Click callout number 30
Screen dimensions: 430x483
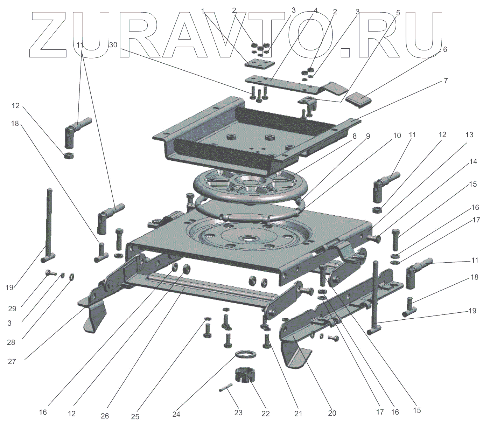(x=113, y=45)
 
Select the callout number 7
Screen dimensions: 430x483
(x=446, y=81)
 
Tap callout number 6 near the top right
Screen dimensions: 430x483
(x=445, y=50)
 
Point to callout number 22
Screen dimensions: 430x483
(x=266, y=414)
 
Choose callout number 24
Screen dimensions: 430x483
(x=176, y=414)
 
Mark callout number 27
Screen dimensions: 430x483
(x=12, y=362)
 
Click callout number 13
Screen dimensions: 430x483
(x=469, y=135)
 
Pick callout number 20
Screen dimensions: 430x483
(x=332, y=413)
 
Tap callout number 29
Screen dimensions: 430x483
(x=12, y=308)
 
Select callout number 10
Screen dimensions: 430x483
(x=397, y=136)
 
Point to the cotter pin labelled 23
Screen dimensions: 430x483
(x=226, y=387)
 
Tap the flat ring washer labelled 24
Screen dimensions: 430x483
(x=247, y=354)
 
